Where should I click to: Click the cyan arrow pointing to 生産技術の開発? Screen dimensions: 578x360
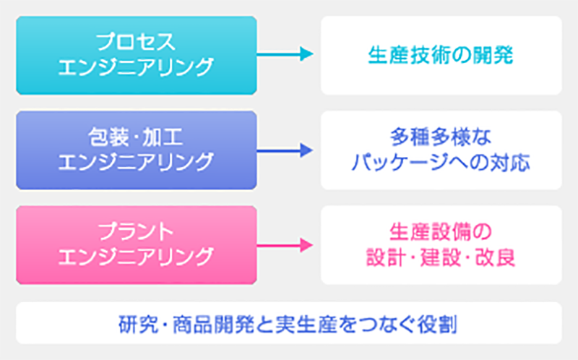[285, 53]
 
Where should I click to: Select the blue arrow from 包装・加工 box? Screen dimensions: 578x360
[285, 150]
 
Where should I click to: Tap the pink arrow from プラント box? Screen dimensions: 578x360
[285, 245]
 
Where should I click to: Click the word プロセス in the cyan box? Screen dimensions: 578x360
[136, 42]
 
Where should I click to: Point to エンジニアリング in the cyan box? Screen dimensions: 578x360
[136, 67]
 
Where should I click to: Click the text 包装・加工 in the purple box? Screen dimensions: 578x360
[136, 137]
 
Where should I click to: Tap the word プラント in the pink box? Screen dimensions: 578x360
[136, 232]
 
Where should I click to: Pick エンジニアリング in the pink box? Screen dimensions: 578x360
[136, 257]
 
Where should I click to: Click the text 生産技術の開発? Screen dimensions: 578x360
[441, 56]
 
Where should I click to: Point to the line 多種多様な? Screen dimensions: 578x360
[441, 137]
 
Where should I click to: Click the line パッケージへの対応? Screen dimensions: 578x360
[441, 163]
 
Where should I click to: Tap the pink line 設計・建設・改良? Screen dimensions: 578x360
[441, 257]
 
